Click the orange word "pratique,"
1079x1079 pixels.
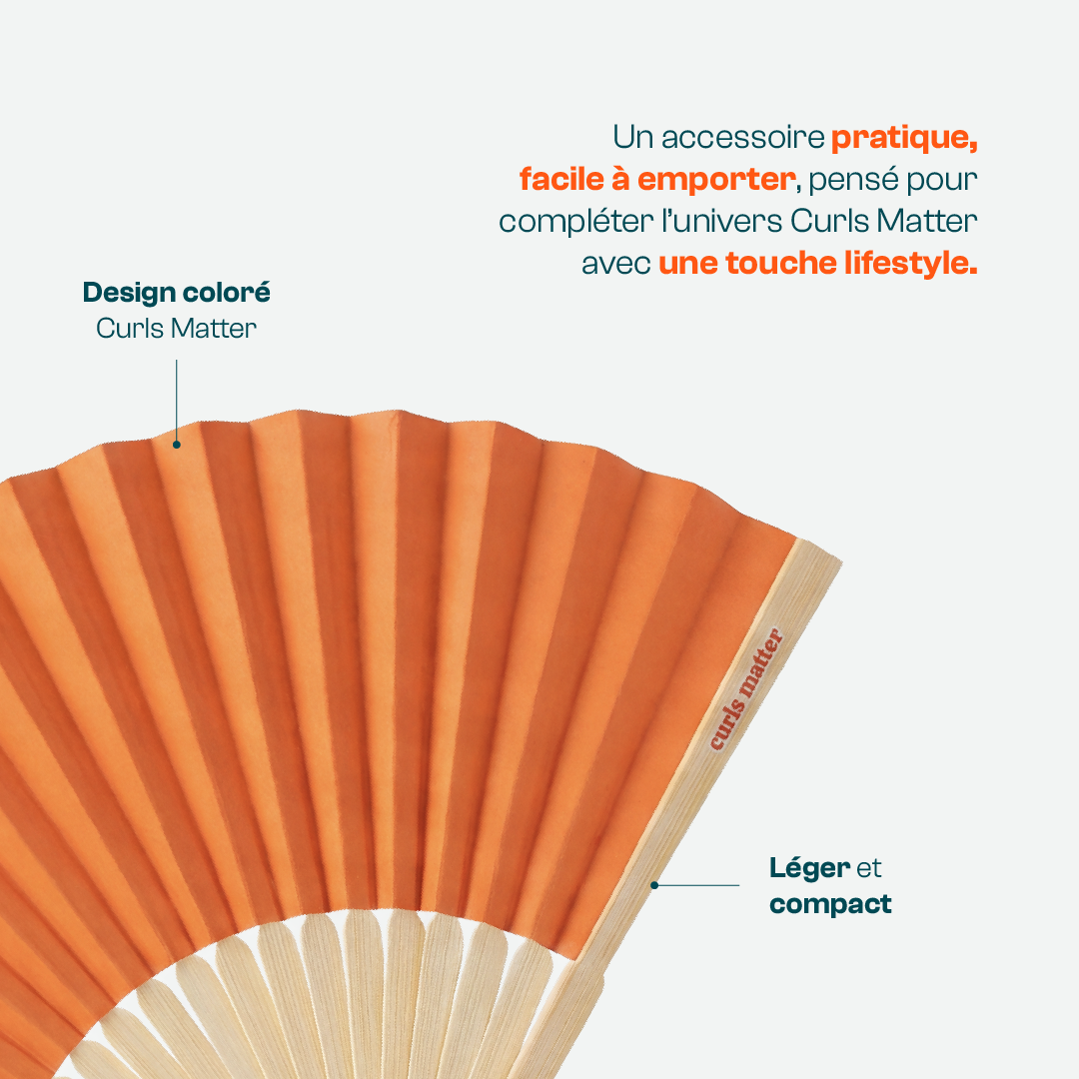(904, 139)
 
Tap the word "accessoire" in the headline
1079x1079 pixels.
(742, 138)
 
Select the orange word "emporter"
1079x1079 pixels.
(716, 181)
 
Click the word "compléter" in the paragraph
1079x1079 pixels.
(576, 223)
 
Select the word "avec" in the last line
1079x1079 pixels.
(615, 264)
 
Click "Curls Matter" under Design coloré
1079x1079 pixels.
(176, 329)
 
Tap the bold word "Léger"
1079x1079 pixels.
(809, 868)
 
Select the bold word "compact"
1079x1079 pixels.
(830, 904)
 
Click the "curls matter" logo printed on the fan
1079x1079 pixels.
(746, 688)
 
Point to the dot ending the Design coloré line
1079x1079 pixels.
(176, 445)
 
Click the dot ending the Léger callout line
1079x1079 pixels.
(654, 885)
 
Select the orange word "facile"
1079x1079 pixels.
(561, 180)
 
